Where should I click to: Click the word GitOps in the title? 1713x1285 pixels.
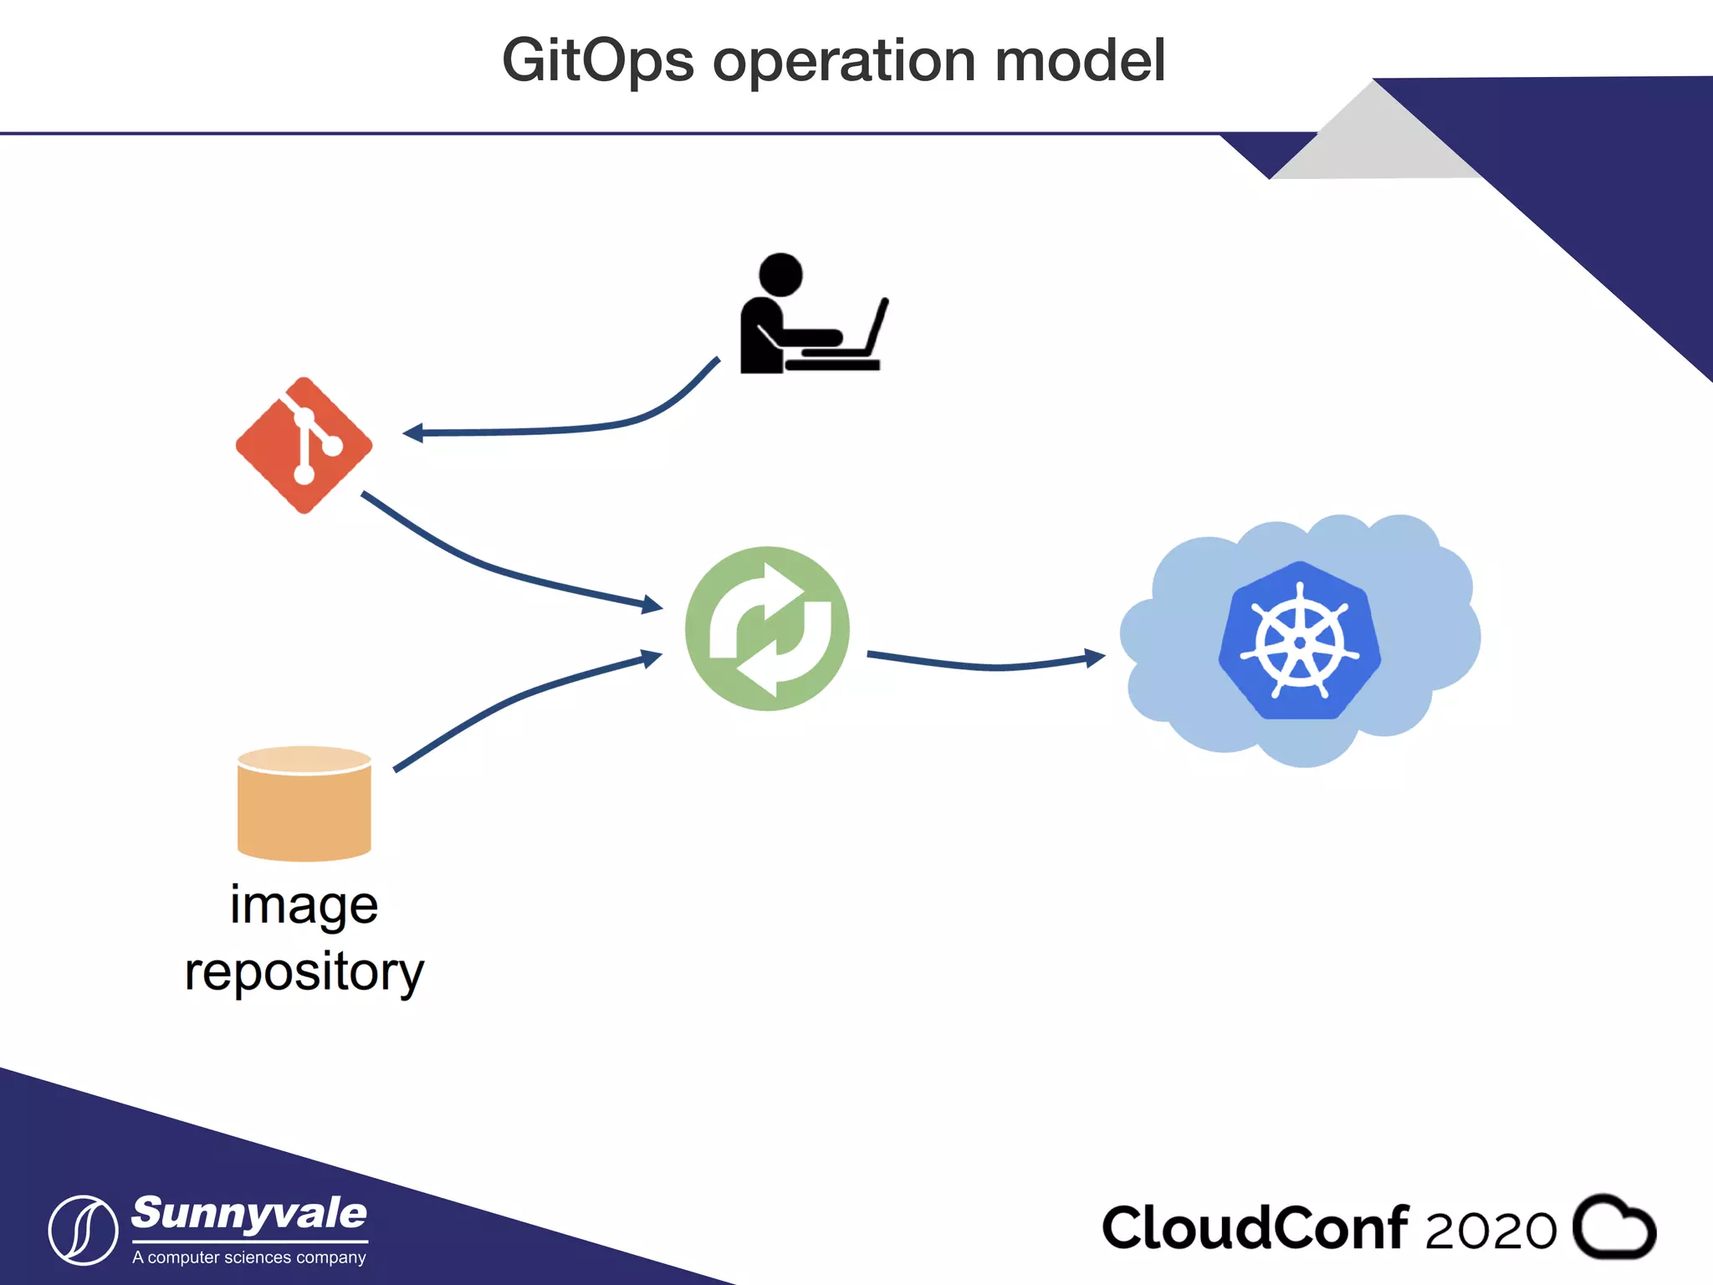[597, 62]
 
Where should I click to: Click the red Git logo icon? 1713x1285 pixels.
[304, 445]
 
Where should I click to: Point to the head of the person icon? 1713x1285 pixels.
[780, 274]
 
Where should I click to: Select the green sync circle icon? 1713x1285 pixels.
[767, 629]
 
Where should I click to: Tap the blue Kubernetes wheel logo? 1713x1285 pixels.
[1299, 641]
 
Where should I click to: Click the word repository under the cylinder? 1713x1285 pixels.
[304, 973]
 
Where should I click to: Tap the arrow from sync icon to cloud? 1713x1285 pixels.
[987, 664]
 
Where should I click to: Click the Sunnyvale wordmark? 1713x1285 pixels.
[249, 1215]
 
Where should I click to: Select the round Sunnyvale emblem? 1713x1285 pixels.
[83, 1230]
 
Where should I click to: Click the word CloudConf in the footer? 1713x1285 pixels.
[1255, 1228]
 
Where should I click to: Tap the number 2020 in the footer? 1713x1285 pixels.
[1490, 1231]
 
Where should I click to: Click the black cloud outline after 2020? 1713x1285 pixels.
[1614, 1227]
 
